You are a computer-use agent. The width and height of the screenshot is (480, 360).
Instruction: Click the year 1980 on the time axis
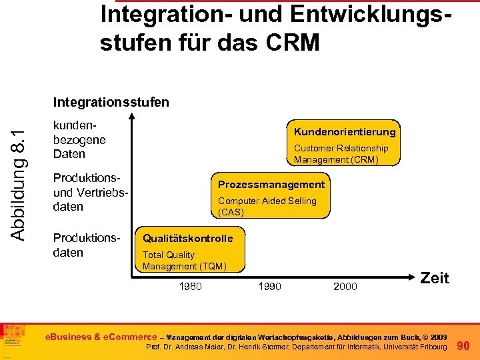[191, 287]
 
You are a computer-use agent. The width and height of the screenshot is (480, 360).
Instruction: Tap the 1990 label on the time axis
[269, 287]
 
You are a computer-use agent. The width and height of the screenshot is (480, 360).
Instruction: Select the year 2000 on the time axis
[345, 287]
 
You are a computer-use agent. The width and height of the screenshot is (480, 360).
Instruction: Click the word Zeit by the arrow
[435, 278]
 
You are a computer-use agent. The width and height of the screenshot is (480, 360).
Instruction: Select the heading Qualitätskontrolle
[188, 238]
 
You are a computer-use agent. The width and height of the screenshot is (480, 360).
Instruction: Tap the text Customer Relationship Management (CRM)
[341, 154]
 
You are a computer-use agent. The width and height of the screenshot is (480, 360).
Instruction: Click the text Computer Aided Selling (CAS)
[267, 207]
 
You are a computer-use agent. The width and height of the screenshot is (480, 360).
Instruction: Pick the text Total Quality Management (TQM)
[185, 261]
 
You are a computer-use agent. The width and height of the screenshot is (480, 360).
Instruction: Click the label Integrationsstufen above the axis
[111, 102]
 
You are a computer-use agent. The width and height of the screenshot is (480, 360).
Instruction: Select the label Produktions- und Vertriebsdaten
[89, 193]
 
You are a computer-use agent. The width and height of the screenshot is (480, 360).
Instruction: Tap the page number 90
[465, 345]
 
